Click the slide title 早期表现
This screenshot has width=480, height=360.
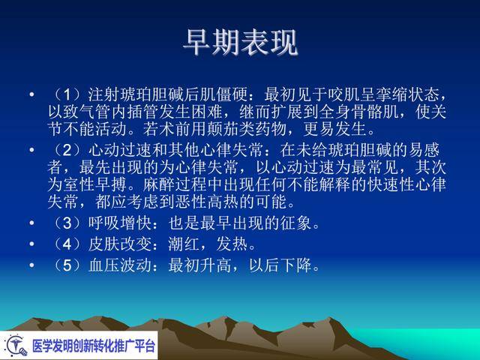point(241,42)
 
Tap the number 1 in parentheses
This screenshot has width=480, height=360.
point(67,94)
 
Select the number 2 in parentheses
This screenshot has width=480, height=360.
point(67,150)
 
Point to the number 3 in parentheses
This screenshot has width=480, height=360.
point(67,223)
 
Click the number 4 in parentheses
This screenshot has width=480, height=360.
point(67,244)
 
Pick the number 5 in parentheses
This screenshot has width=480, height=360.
point(67,265)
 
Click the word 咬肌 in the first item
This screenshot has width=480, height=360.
point(344,94)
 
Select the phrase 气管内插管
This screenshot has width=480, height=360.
point(103,112)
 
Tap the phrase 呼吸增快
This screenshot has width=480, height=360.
point(120,223)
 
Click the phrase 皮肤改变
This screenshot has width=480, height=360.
point(120,244)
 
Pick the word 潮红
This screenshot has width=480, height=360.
point(184,244)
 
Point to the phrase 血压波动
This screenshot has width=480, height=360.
point(120,265)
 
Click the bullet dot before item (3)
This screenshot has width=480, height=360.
point(31,223)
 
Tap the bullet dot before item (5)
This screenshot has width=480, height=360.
point(31,265)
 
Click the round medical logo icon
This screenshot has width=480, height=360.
point(16,345)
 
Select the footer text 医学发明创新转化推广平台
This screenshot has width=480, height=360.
point(94,346)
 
